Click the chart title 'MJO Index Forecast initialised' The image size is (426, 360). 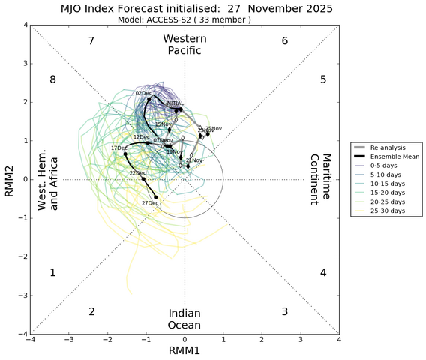pyautogui.click(x=186, y=8)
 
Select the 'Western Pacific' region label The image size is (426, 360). pyautogui.click(x=184, y=44)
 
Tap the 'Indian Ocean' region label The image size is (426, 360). pyautogui.click(x=184, y=319)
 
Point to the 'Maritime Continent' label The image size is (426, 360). pyautogui.click(x=321, y=179)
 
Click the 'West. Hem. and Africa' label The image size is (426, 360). pyautogui.click(x=48, y=179)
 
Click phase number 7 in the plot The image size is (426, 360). pyautogui.click(x=91, y=40)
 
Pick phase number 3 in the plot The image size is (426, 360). pyautogui.click(x=284, y=311)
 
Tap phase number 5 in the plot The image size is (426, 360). pyautogui.click(x=322, y=79)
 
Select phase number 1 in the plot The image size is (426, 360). pyautogui.click(x=53, y=273)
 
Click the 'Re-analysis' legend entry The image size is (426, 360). pyautogui.click(x=387, y=148)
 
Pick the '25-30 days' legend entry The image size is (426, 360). pyautogui.click(x=387, y=211)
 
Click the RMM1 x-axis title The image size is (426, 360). pyautogui.click(x=184, y=351)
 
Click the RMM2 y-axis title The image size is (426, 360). pyautogui.click(x=9, y=179)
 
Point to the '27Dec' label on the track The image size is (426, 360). pyautogui.click(x=149, y=202)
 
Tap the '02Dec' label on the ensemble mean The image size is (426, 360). pyautogui.click(x=143, y=93)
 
